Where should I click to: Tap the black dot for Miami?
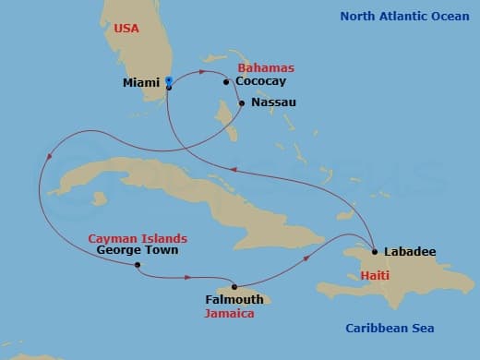pos(168,87)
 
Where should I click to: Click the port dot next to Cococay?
pos(226,81)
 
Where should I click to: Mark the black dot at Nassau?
pos(242,102)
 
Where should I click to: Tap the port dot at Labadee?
pos(374,251)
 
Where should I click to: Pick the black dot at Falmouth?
pos(234,286)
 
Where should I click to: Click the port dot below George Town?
pos(138,266)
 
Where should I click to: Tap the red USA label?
pos(126,29)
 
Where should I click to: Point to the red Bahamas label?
pos(266,68)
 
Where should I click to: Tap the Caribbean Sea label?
pos(390,328)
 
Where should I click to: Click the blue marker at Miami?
pos(168,80)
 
